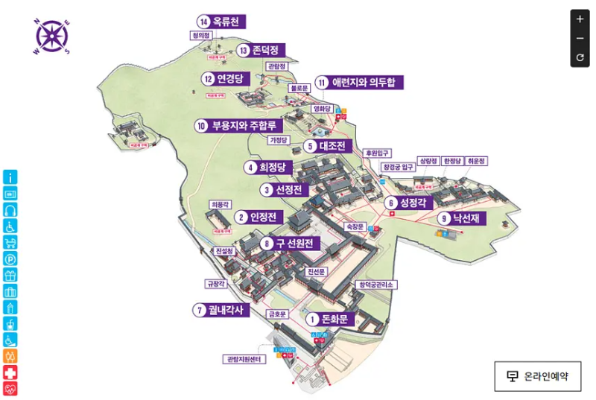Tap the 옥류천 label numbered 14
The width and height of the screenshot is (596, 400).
220,22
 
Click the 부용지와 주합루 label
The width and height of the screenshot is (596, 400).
236,125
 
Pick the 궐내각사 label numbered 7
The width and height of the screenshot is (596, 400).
221,310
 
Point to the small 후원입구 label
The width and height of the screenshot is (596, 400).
377,153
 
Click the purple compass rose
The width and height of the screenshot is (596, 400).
51,36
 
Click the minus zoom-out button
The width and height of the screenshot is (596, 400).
580,39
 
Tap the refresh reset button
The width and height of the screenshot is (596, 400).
580,57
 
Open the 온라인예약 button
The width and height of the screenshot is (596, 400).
537,376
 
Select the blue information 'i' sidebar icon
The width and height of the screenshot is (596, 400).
10,177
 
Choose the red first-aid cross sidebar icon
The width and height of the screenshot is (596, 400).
10,372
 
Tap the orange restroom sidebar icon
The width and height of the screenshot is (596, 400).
10,356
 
